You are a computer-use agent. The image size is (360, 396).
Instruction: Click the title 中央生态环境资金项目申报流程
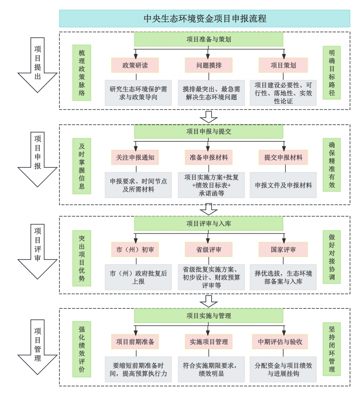click(x=205, y=19)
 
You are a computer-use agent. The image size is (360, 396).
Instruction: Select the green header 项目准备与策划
click(x=208, y=39)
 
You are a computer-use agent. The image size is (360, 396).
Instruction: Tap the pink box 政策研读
click(x=135, y=65)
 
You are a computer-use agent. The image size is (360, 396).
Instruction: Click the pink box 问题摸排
click(x=208, y=65)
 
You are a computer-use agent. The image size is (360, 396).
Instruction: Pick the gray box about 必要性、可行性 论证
click(x=283, y=93)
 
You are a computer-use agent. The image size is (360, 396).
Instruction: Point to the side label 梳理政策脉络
click(x=82, y=73)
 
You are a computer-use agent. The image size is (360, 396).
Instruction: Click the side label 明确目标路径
click(x=332, y=73)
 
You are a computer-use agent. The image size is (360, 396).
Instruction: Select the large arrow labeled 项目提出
click(x=37, y=65)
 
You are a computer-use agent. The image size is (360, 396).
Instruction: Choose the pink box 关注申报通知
click(x=135, y=158)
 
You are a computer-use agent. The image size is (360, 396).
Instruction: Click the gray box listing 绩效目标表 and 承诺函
click(x=211, y=185)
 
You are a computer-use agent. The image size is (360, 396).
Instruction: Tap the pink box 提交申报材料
click(x=283, y=158)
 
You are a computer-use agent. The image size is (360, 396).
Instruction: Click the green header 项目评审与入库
click(x=208, y=224)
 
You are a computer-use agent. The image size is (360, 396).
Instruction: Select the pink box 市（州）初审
click(x=135, y=249)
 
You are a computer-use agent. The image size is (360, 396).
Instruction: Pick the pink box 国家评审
click(x=283, y=249)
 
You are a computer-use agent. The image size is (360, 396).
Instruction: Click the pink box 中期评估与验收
click(x=283, y=342)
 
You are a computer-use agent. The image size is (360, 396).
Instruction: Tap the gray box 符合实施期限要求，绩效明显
click(x=211, y=370)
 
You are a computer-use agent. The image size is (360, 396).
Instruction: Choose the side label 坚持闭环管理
click(x=332, y=349)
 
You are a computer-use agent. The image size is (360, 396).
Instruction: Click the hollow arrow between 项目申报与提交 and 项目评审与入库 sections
click(x=208, y=209)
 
